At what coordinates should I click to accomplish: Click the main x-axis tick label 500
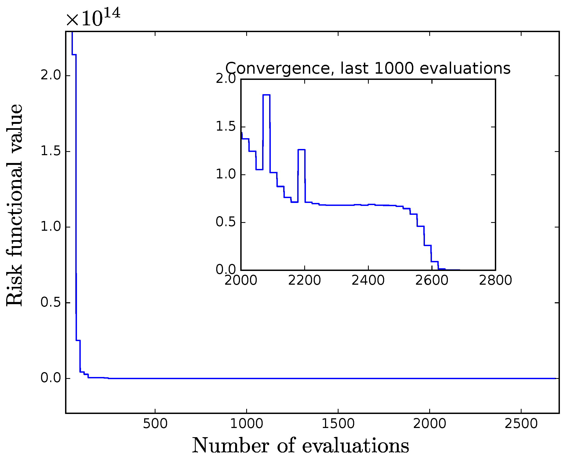(155, 424)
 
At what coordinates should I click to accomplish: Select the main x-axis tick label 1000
(246, 424)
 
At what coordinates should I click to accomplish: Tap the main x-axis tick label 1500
(338, 424)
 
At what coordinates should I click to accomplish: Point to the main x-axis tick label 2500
(521, 424)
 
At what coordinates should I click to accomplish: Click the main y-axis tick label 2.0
(51, 75)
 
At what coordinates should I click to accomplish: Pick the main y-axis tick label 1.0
(51, 227)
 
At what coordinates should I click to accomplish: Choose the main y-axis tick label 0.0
(51, 378)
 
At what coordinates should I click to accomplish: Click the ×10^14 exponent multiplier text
(93, 18)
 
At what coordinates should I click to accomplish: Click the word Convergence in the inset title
(278, 68)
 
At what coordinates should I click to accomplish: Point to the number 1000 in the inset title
(394, 68)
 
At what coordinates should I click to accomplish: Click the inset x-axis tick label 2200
(305, 280)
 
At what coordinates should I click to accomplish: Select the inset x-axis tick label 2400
(368, 280)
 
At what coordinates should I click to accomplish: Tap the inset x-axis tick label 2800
(495, 280)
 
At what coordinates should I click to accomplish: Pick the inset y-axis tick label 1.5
(226, 127)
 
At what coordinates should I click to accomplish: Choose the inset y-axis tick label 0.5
(226, 222)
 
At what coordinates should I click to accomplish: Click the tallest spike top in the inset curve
(266, 95)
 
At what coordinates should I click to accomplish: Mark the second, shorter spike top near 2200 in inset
(302, 150)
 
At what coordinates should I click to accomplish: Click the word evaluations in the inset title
(465, 68)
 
